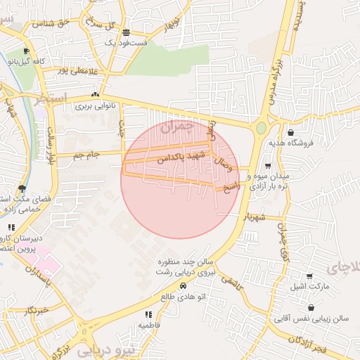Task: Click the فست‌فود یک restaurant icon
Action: (x=126, y=32)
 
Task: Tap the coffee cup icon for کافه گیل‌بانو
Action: (x=27, y=51)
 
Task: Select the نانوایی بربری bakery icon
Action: (x=95, y=96)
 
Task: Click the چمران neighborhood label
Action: (x=175, y=127)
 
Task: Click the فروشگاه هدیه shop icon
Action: (x=291, y=132)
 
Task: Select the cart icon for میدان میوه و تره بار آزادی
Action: (x=268, y=165)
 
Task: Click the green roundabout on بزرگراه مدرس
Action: (x=261, y=129)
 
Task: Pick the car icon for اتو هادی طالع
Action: (x=183, y=286)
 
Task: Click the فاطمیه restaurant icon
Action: (x=148, y=314)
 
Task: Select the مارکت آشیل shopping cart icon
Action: (x=309, y=277)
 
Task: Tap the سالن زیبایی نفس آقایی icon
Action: (x=311, y=308)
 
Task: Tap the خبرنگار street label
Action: (x=33, y=309)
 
